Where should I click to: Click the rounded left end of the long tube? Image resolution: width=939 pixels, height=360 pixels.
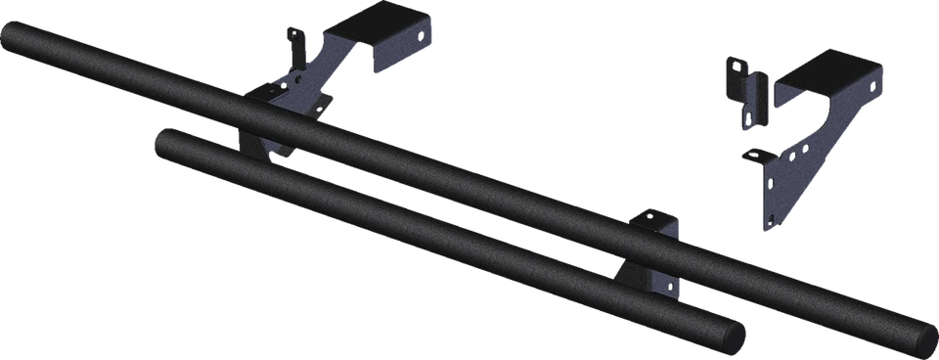(14, 41)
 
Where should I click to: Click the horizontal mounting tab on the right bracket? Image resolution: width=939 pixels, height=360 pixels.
(752, 156)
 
